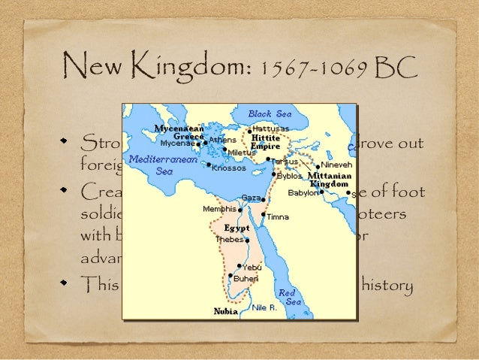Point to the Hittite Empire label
(266, 143)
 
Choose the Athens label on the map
(223, 140)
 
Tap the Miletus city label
(242, 153)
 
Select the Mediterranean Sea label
(163, 165)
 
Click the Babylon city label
(303, 193)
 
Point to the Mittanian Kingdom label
(330, 180)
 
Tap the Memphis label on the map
(219, 208)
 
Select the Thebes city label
(229, 239)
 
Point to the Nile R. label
(265, 307)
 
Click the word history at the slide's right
(387, 286)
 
